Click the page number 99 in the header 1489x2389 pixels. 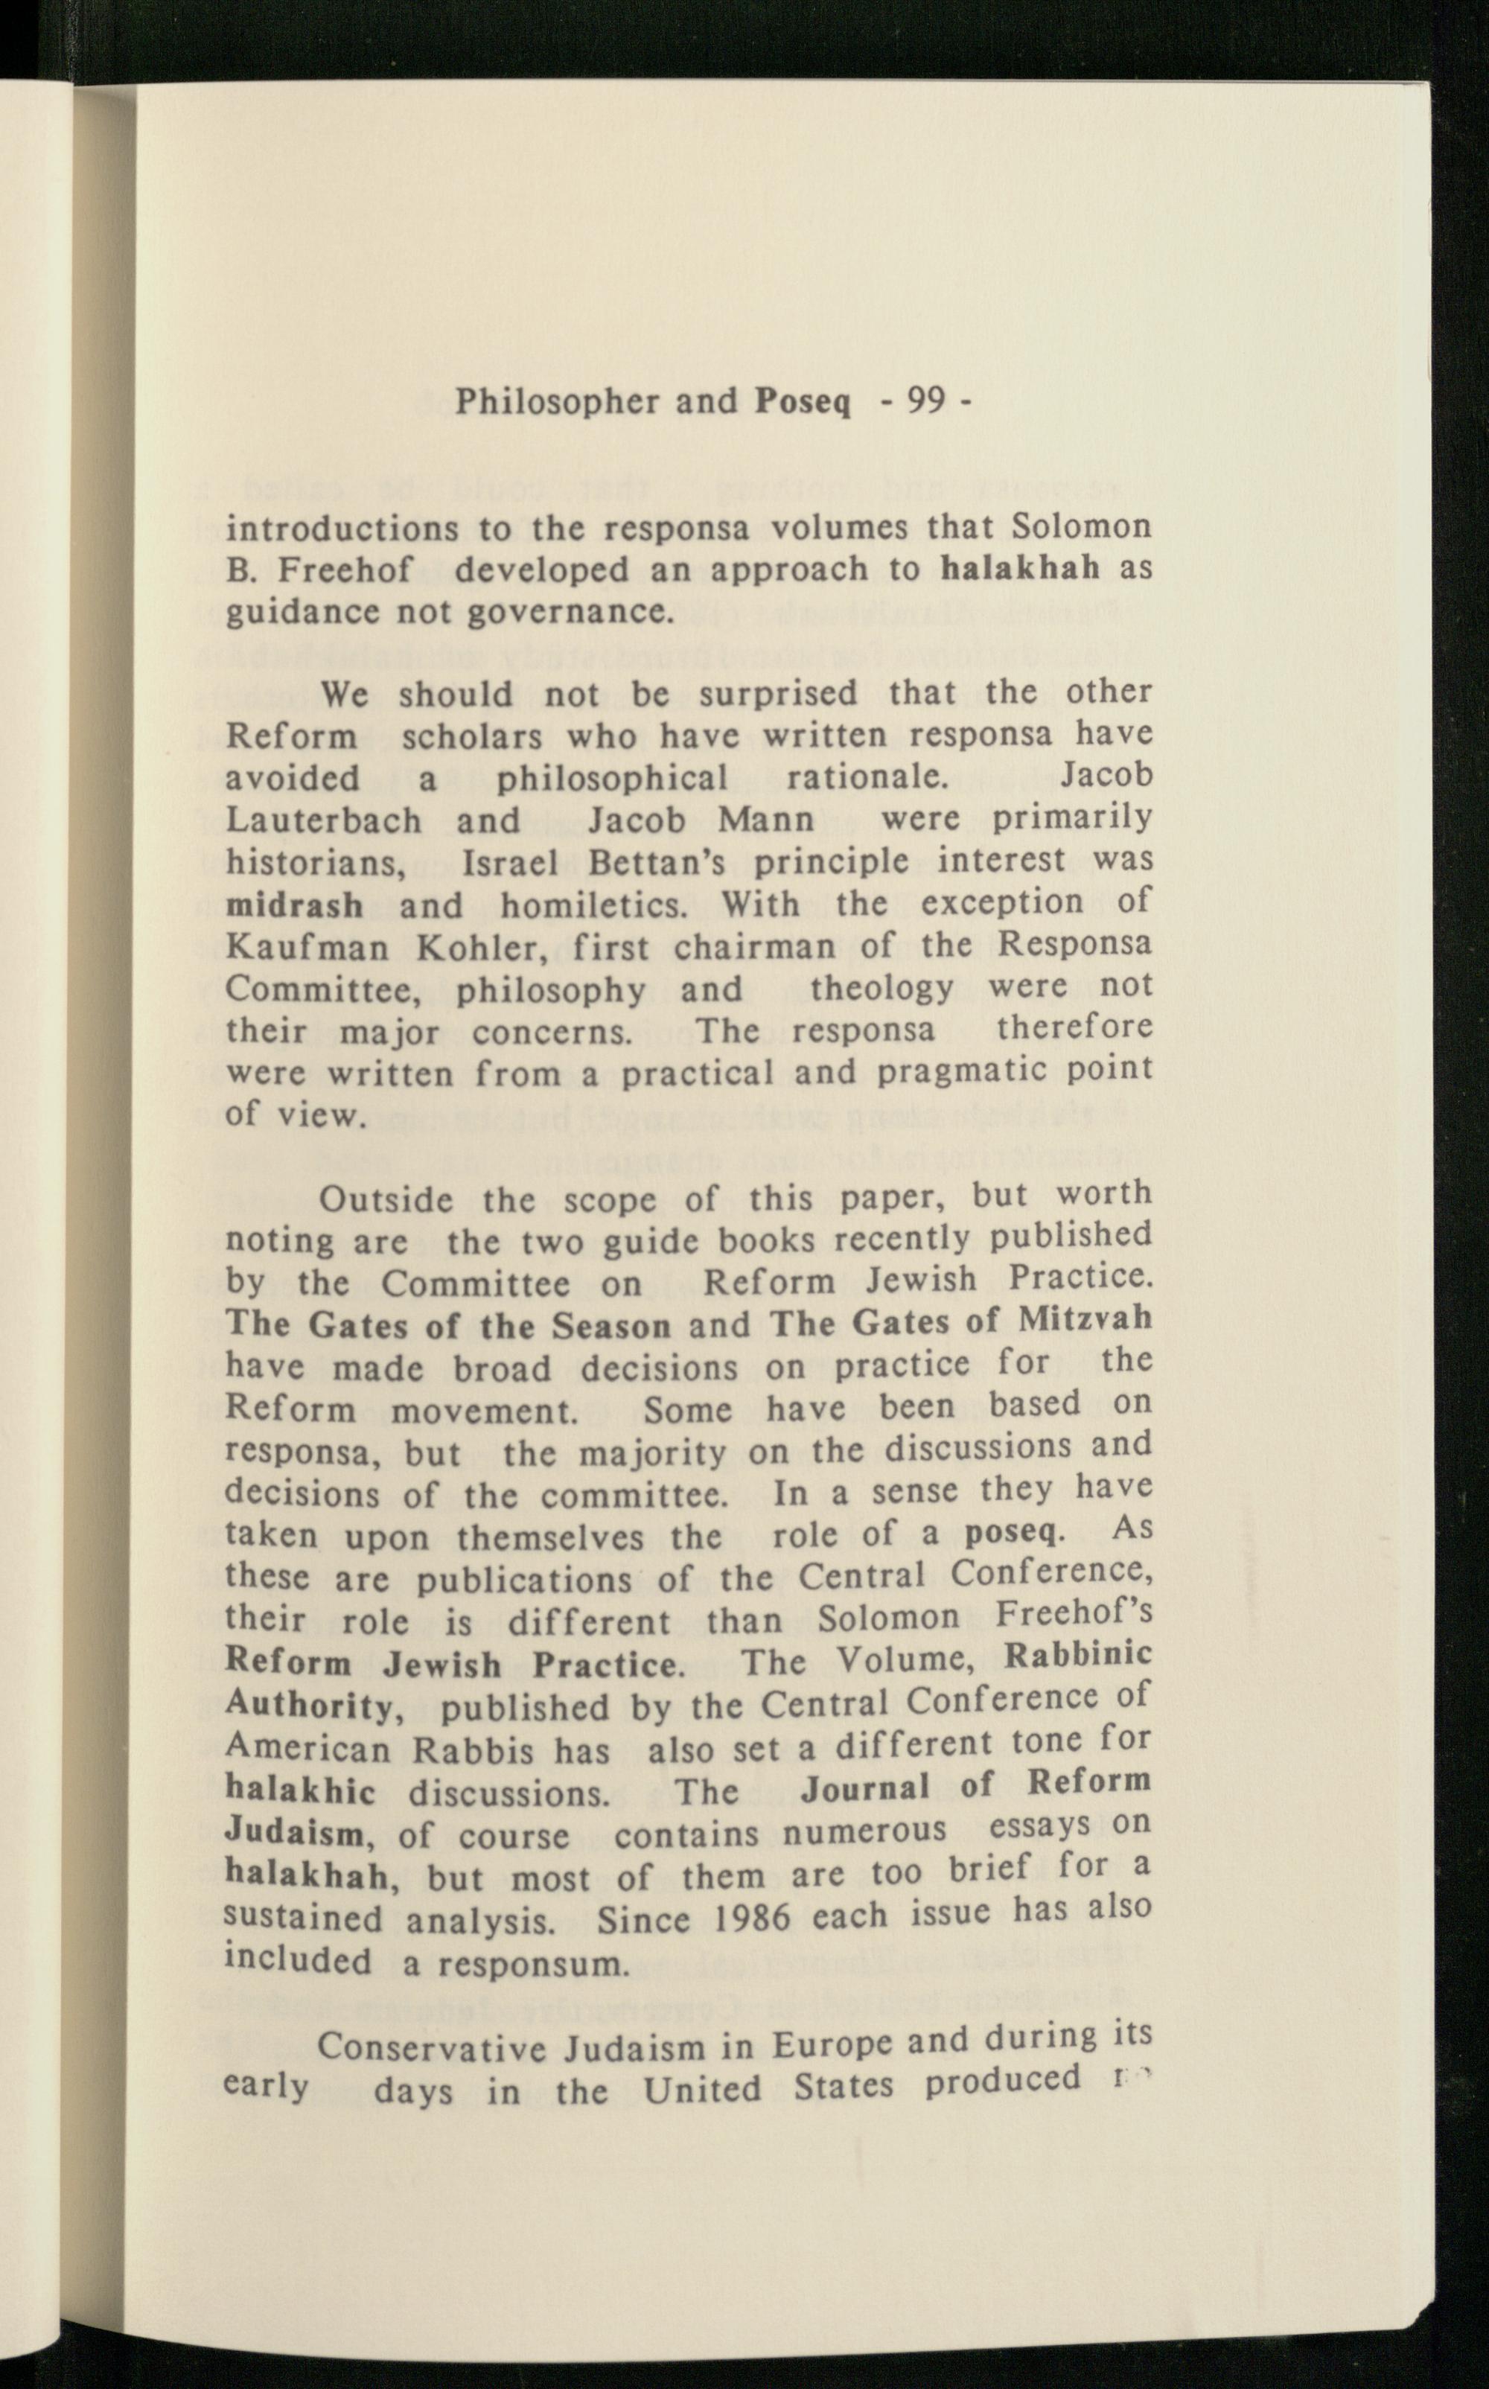point(925,401)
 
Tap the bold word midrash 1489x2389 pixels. point(295,904)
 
